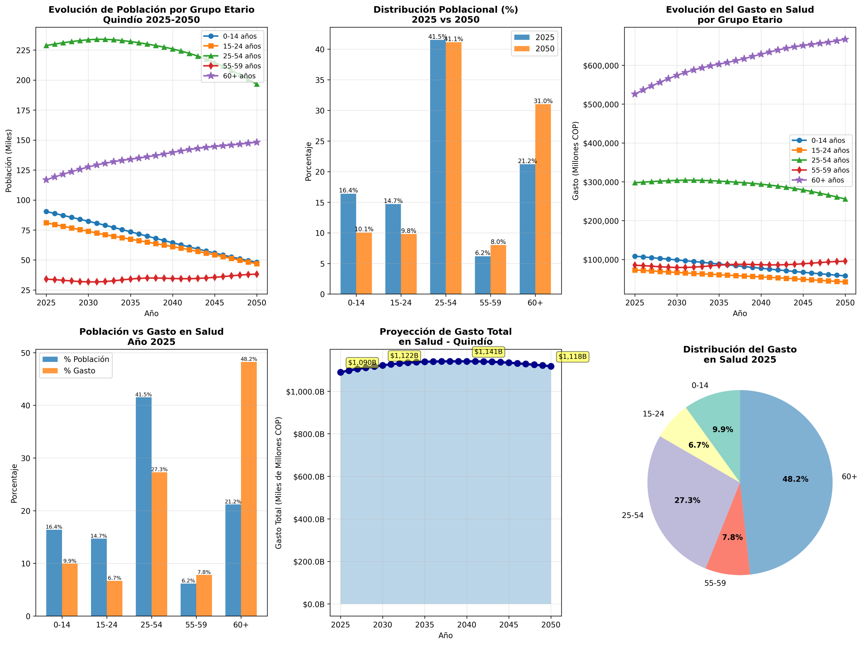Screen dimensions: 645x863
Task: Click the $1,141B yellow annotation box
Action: click(x=488, y=352)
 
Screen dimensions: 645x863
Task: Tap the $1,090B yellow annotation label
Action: click(x=362, y=363)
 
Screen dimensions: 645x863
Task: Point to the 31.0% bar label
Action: click(x=543, y=101)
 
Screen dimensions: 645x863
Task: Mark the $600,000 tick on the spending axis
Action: click(x=601, y=65)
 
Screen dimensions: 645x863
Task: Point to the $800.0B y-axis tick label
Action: click(x=309, y=434)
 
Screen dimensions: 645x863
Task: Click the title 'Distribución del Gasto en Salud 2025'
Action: click(x=740, y=355)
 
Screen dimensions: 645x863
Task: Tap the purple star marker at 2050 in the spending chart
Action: click(x=845, y=39)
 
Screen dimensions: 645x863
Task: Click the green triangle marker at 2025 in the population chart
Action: click(x=47, y=45)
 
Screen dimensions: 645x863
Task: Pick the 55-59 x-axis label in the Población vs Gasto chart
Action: click(x=196, y=625)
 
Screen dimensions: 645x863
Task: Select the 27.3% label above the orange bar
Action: click(x=159, y=469)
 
